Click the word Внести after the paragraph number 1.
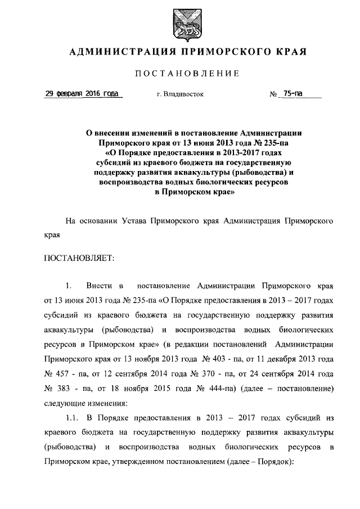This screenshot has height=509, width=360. tap(99, 287)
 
